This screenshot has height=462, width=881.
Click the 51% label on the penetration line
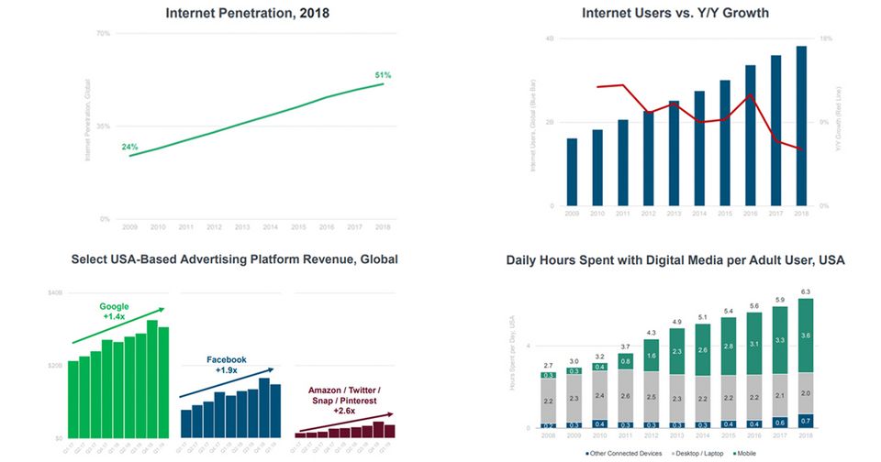(x=384, y=74)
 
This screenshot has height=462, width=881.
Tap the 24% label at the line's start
(x=129, y=147)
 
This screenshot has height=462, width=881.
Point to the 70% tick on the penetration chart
(x=103, y=33)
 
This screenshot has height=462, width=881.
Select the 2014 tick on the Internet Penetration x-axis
(x=270, y=225)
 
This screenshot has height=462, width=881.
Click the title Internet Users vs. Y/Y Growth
(x=675, y=14)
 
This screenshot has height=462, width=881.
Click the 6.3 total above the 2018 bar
(x=805, y=292)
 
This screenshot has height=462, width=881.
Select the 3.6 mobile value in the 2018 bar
(x=805, y=335)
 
